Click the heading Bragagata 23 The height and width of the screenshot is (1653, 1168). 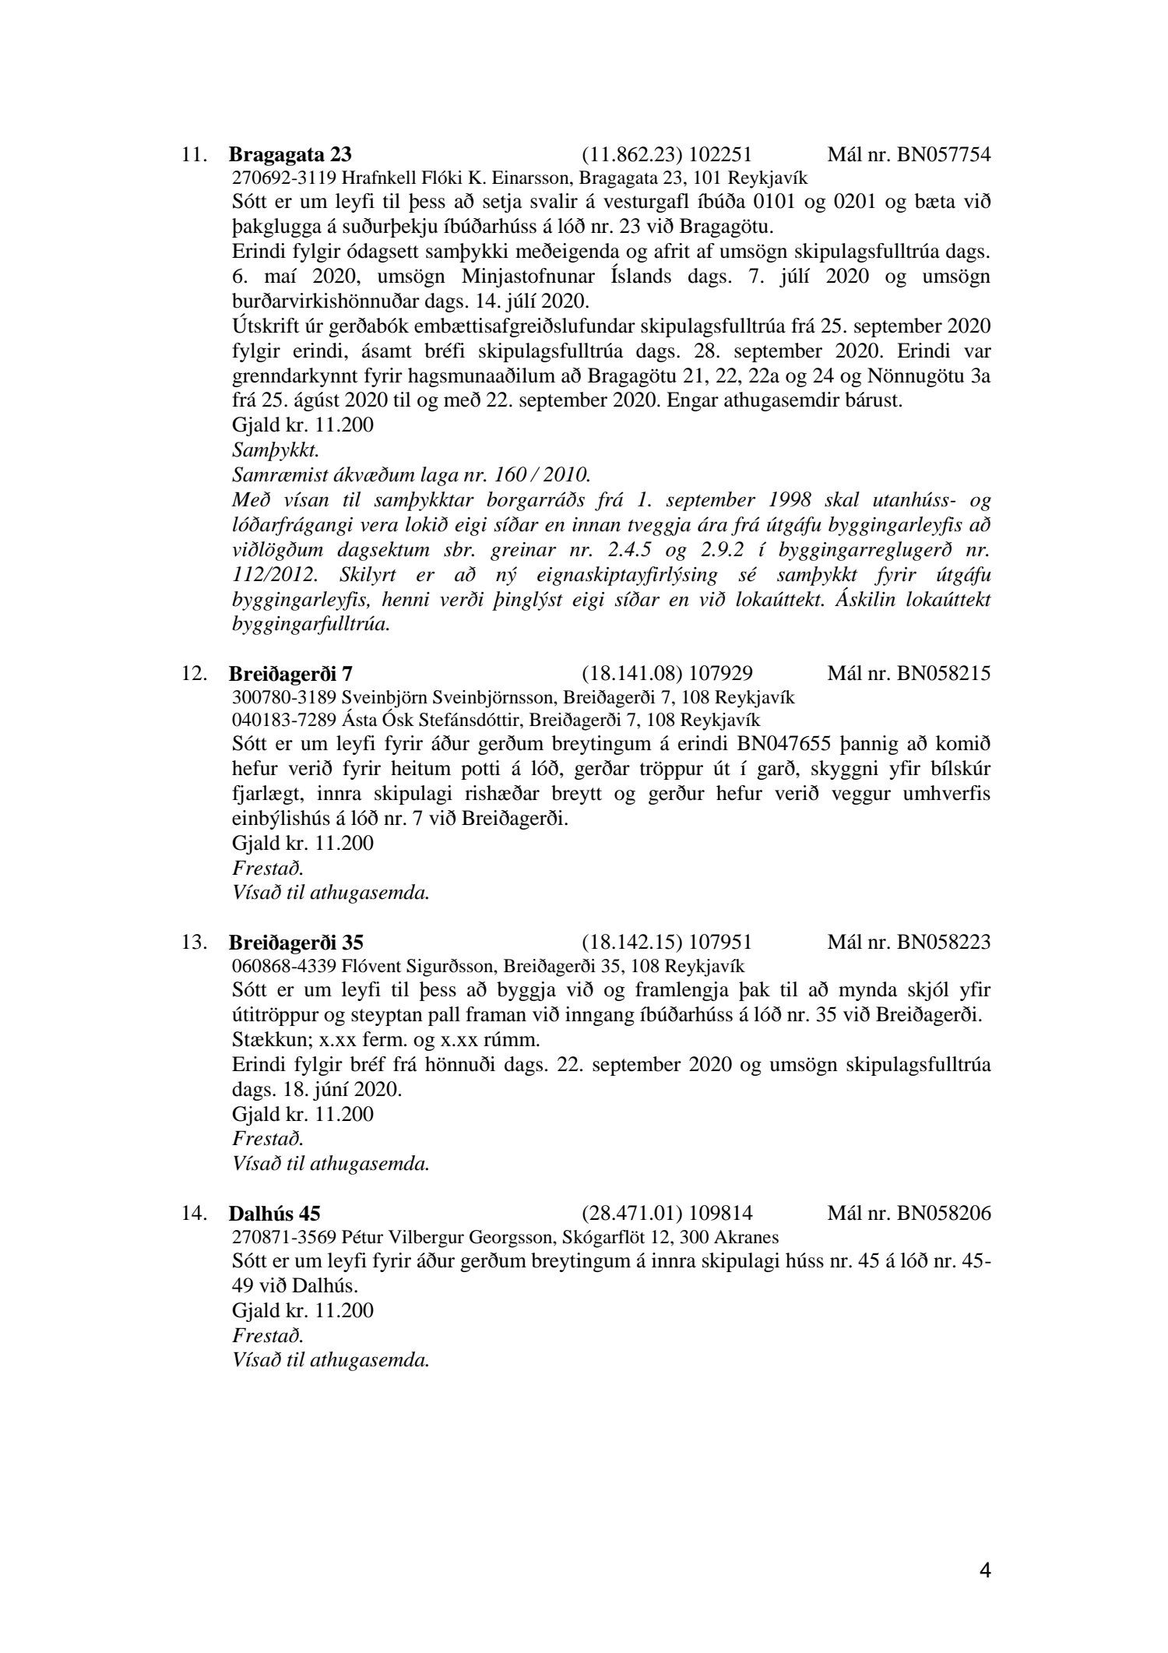pyautogui.click(x=284, y=153)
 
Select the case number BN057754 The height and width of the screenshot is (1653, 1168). pyautogui.click(x=944, y=153)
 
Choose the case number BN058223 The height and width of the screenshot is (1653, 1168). pyautogui.click(x=944, y=943)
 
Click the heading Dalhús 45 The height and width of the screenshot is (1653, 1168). pyautogui.click(x=274, y=1213)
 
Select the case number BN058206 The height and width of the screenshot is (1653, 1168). pyautogui.click(x=944, y=1213)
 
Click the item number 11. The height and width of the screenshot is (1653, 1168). pyautogui.click(x=194, y=154)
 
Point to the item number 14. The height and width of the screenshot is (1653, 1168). pyautogui.click(x=194, y=1214)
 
